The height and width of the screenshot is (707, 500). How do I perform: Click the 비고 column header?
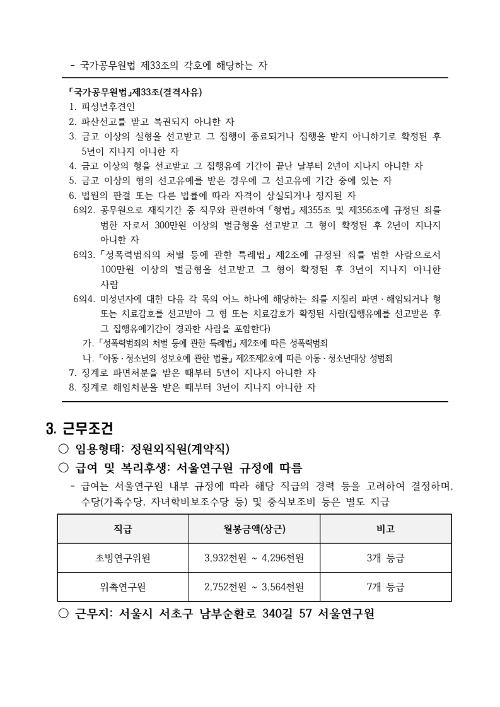[385, 528]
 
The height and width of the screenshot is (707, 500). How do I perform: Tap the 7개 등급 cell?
[385, 587]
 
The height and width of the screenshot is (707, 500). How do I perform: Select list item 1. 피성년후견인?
[102, 107]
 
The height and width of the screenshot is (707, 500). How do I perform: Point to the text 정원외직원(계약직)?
[180, 449]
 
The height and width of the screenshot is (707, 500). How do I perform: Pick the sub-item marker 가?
[87, 343]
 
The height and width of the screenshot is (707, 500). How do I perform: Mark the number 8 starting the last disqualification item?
[71, 387]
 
